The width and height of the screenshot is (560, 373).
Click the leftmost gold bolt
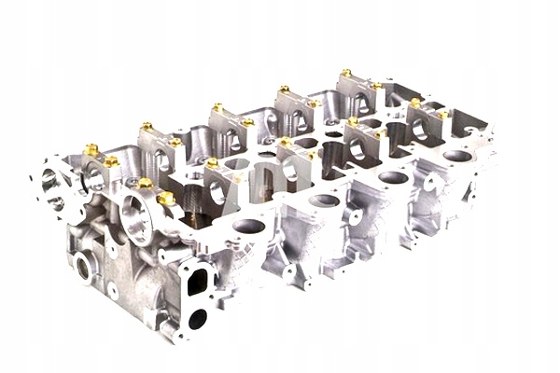point(91,148)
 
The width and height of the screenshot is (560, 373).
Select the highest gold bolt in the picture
point(345,72)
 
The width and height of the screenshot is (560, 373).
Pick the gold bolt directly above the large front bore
point(145,184)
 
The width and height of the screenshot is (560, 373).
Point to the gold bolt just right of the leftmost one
point(111,161)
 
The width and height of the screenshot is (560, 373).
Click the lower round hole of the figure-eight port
point(198,318)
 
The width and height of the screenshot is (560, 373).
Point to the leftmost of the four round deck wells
point(249,226)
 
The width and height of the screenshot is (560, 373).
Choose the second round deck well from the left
point(324,200)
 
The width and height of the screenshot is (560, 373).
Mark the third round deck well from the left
point(394,177)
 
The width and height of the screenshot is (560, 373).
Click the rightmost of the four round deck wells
point(456,156)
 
